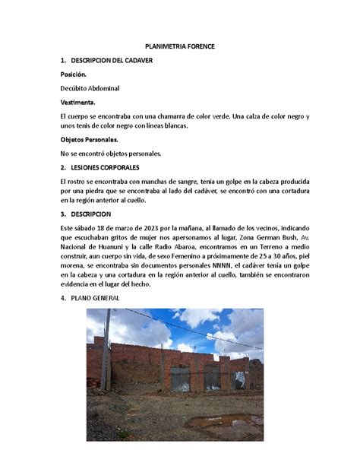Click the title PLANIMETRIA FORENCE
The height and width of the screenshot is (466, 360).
pyautogui.click(x=180, y=46)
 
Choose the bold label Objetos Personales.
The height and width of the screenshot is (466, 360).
pyautogui.click(x=89, y=140)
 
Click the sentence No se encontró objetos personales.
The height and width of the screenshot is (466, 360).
pyautogui.click(x=111, y=154)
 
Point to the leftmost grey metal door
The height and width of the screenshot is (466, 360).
pyautogui.click(x=180, y=379)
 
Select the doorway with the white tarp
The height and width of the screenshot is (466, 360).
pyautogui.click(x=239, y=378)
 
